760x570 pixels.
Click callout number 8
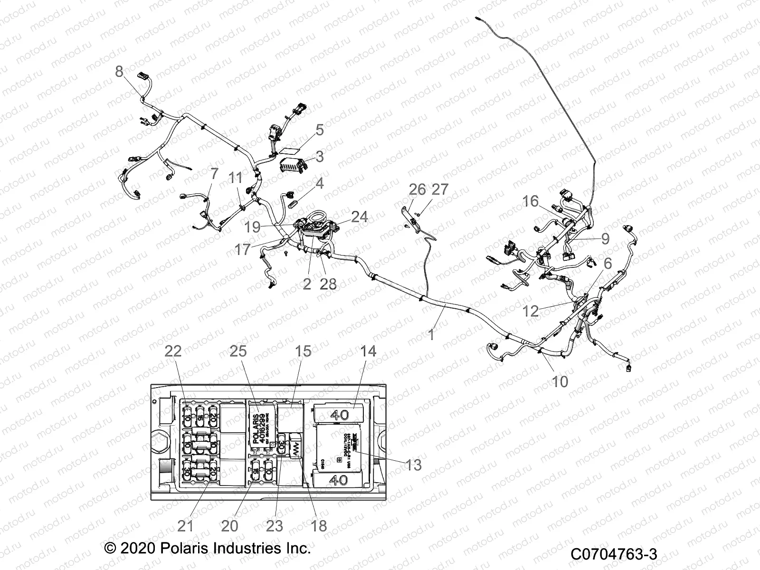coord(119,72)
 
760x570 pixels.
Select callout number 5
coord(320,130)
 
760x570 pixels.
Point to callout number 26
coord(417,189)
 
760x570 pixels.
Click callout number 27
coord(440,189)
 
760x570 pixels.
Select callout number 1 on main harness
coord(431,335)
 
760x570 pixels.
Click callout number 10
coord(560,381)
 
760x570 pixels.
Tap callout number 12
coord(531,311)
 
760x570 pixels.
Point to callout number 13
coord(414,465)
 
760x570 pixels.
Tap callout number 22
coord(173,351)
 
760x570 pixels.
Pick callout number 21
coord(185,526)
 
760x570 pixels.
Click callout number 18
coord(319,526)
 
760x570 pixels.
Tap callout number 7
coord(214,174)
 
